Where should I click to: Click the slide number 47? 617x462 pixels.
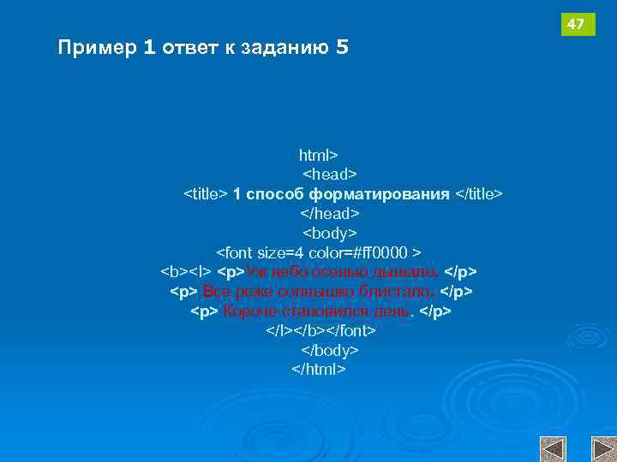point(576,25)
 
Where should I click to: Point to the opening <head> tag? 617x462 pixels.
point(330,175)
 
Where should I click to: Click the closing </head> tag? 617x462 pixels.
point(330,213)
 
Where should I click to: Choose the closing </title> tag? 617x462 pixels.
point(478,194)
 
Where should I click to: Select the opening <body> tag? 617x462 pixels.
point(330,233)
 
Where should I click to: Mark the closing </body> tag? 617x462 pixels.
point(330,350)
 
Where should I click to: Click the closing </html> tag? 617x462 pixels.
point(319,370)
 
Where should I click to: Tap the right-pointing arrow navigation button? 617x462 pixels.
point(602,448)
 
